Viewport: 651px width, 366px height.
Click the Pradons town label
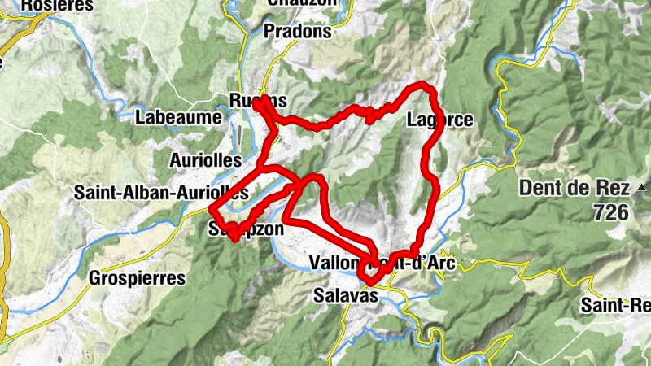click(x=299, y=32)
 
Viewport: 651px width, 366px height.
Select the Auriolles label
click(x=206, y=160)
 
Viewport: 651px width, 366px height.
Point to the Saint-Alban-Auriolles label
click(x=160, y=194)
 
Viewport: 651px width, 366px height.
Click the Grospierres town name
click(x=138, y=277)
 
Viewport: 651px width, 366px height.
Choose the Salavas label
click(x=346, y=297)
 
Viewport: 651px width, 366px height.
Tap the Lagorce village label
click(x=439, y=120)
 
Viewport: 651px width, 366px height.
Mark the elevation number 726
click(x=611, y=213)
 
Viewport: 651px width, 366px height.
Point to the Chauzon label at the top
click(x=301, y=3)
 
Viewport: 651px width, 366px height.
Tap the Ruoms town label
click(x=258, y=101)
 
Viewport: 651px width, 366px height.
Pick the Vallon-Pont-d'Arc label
click(x=382, y=263)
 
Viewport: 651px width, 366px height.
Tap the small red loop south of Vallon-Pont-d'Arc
click(x=371, y=274)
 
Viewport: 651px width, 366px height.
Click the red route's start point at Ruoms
click(x=257, y=102)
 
